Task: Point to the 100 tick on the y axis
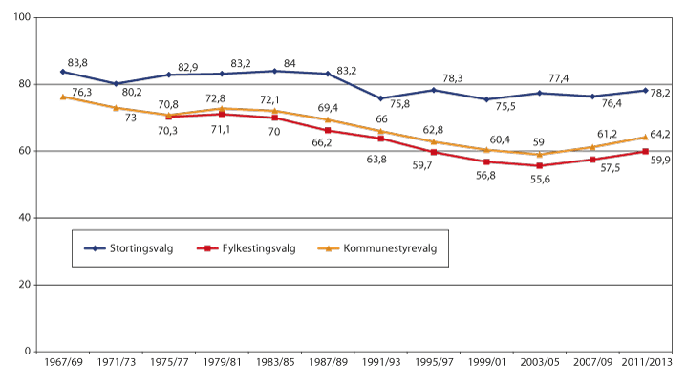(x=21, y=18)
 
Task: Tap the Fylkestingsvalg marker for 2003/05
(x=540, y=166)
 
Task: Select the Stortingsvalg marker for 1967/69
(x=62, y=72)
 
